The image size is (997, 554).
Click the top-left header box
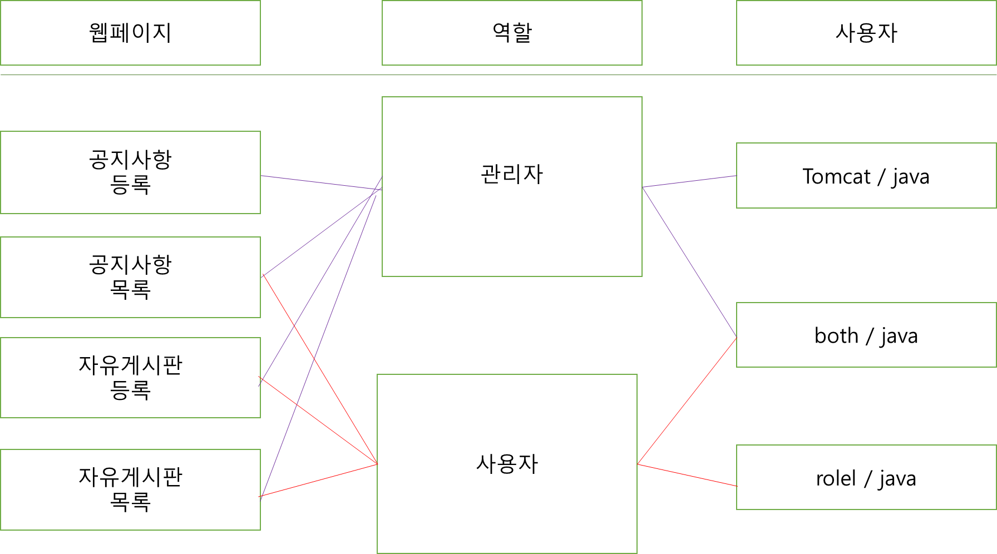pos(130,33)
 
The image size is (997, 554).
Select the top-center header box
pos(512,33)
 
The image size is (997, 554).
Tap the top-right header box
pos(866,33)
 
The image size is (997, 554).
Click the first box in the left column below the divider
pos(130,172)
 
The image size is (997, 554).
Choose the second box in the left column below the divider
pos(130,277)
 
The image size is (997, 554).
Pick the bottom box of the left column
pos(130,489)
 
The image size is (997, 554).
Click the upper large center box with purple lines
pos(512,186)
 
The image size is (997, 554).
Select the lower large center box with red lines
pos(507,464)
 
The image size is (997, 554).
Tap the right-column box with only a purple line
pos(866,175)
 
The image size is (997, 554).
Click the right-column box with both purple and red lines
pos(866,335)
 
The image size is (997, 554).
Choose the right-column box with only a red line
pos(866,477)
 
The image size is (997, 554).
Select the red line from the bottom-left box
pos(318,481)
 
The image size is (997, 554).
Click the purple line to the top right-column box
pos(689,181)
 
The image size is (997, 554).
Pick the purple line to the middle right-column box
pos(689,262)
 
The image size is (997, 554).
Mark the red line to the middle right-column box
pos(687,400)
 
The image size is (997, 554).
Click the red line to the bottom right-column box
pos(687,475)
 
